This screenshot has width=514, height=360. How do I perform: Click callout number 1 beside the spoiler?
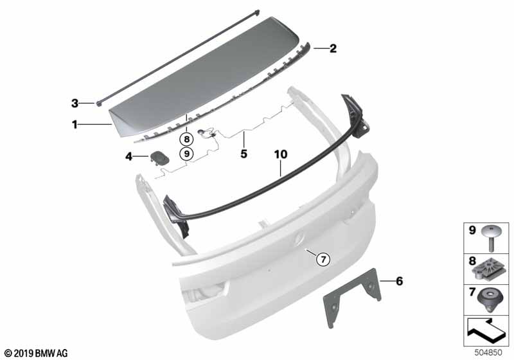[75, 125]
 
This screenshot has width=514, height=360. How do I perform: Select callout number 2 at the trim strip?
[333, 48]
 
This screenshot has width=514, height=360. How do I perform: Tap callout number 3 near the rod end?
[75, 102]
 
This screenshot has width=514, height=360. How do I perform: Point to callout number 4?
[128, 156]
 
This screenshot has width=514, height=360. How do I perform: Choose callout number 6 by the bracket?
[399, 281]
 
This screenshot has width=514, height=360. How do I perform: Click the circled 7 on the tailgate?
[324, 259]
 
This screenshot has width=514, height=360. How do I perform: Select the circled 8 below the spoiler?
[186, 138]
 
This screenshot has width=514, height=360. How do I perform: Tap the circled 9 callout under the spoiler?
[186, 153]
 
